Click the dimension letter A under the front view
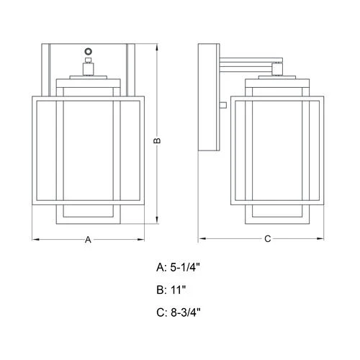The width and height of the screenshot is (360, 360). (x=88, y=240)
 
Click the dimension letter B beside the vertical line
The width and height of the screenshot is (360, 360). (x=157, y=140)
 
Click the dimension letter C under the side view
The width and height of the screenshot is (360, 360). (x=268, y=239)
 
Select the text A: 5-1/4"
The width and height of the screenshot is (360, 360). (x=178, y=267)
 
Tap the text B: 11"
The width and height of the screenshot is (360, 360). (x=171, y=289)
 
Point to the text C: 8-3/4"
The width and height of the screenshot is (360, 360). (x=179, y=312)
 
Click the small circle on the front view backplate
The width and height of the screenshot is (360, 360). (x=89, y=51)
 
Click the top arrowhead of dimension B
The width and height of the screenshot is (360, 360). (x=157, y=48)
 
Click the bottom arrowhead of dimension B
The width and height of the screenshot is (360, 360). (x=157, y=220)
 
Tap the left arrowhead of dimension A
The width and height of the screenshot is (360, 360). (x=36, y=239)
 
